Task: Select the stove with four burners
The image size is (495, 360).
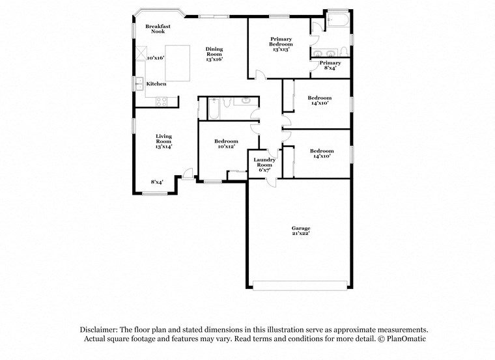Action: [162, 100]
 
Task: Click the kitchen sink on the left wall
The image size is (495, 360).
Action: [138, 83]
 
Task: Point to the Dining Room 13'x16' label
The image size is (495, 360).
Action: [214, 54]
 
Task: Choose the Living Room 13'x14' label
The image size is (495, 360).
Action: [163, 141]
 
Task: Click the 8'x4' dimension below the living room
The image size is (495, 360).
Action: [157, 182]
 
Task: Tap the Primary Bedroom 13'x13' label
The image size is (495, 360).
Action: [281, 44]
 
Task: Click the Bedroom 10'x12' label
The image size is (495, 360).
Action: [226, 144]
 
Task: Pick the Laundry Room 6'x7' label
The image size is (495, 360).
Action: [264, 165]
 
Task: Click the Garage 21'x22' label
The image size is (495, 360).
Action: [300, 230]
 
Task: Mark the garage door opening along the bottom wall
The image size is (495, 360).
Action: [300, 285]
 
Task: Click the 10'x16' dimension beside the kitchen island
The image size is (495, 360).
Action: [155, 58]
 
